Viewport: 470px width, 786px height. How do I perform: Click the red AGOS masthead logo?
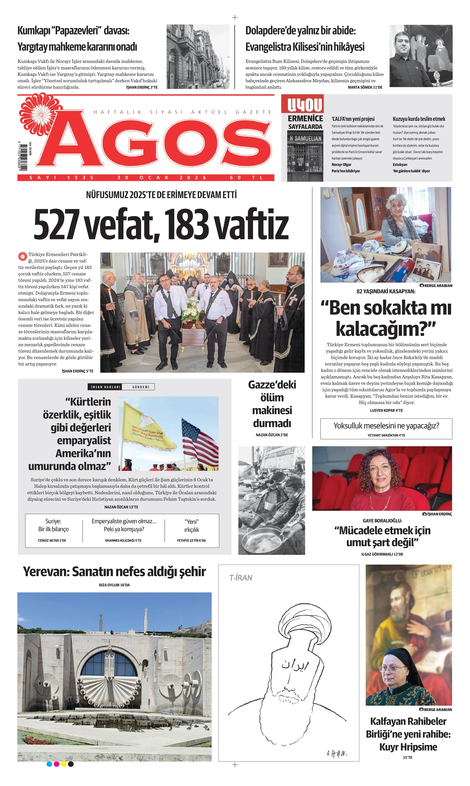click(155, 143)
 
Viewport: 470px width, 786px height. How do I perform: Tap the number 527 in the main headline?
click(56, 224)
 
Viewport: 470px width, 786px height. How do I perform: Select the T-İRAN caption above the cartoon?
click(241, 578)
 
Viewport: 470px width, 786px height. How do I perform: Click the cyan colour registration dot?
click(49, 764)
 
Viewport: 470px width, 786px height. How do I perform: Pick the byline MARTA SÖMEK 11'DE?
click(365, 87)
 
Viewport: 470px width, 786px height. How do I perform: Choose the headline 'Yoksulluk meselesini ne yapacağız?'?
click(386, 425)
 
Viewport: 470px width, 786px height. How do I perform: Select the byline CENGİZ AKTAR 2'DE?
click(52, 540)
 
